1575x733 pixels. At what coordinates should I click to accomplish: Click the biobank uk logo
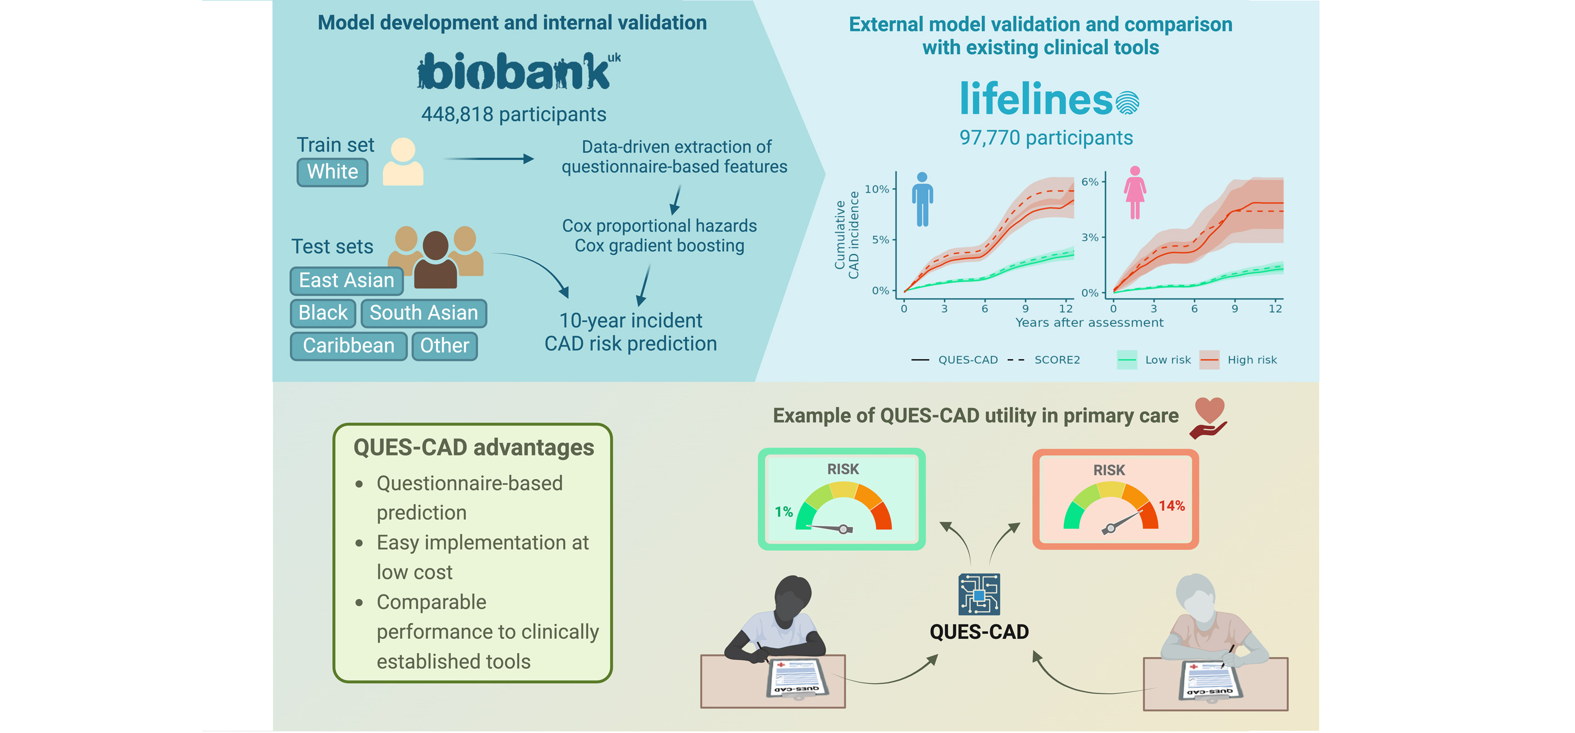click(x=517, y=71)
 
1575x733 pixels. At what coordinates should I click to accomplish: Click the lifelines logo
click(x=1048, y=99)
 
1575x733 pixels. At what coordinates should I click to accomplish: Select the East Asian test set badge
click(x=346, y=281)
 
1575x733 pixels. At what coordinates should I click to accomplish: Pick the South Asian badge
click(x=423, y=313)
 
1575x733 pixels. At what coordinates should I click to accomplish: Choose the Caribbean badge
click(x=348, y=346)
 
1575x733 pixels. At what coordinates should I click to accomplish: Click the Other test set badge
click(x=445, y=346)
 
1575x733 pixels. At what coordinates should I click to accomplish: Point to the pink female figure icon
click(x=1135, y=193)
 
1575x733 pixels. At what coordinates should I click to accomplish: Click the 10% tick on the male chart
click(x=877, y=189)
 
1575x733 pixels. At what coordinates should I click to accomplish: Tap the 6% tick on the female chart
click(x=1090, y=182)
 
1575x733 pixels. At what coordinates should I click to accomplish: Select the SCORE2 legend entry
click(x=1057, y=360)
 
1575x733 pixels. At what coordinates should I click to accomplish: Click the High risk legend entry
click(x=1252, y=360)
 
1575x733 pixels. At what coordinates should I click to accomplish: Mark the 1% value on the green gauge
click(x=783, y=512)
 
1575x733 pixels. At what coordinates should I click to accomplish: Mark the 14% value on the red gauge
click(x=1171, y=505)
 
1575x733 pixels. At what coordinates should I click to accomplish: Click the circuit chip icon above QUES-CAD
click(x=979, y=594)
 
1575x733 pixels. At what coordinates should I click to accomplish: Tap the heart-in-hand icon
click(x=1209, y=417)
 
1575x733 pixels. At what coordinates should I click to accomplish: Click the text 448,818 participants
click(x=513, y=114)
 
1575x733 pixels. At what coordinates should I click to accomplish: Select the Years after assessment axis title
click(x=1089, y=323)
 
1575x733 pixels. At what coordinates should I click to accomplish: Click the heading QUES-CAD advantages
click(x=473, y=447)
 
